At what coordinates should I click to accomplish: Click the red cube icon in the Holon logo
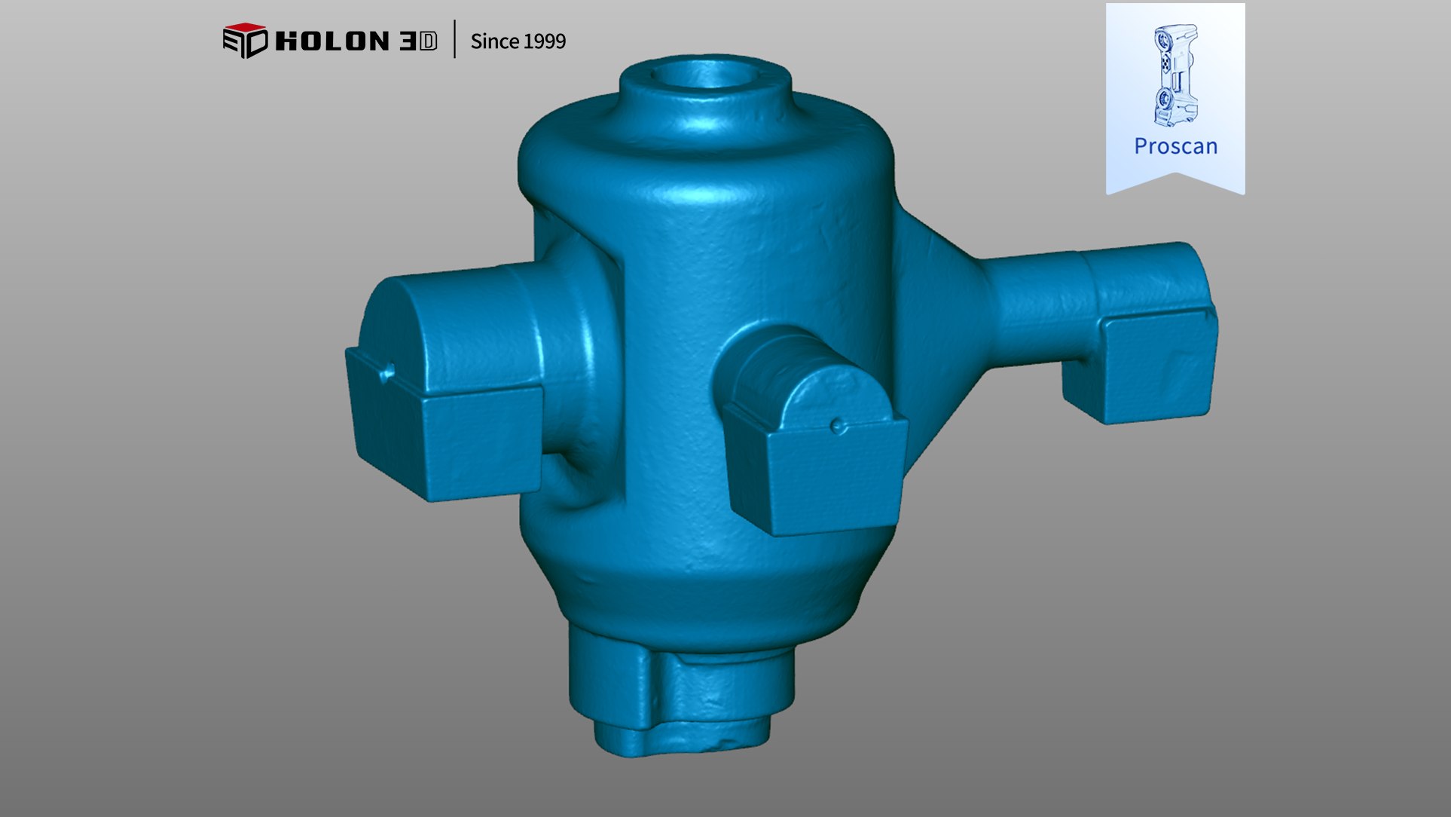tap(245, 40)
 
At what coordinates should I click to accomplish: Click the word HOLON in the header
tap(332, 41)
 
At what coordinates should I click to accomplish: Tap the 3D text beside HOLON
tap(418, 41)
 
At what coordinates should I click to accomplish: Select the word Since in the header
tap(494, 41)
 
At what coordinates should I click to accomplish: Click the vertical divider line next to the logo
tap(455, 39)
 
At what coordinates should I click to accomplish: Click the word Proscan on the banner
tap(1175, 146)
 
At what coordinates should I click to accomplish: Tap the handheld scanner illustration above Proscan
tap(1175, 75)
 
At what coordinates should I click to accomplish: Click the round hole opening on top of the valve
tap(704, 75)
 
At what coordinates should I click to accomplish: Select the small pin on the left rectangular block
tap(388, 371)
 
